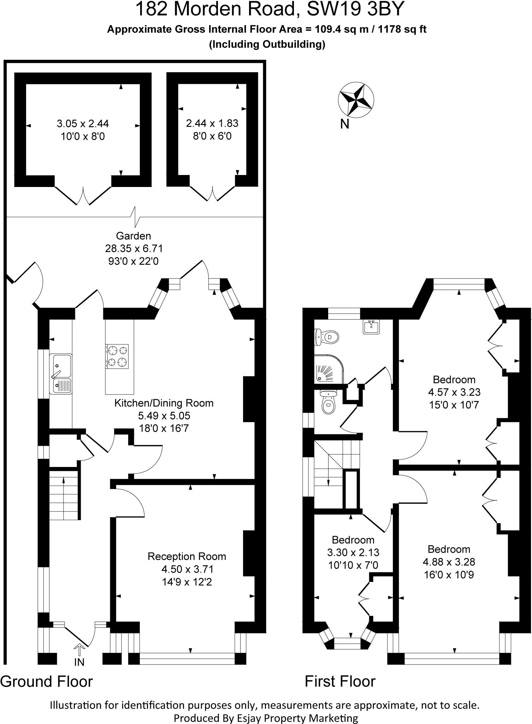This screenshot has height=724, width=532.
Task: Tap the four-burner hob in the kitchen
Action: click(x=117, y=356)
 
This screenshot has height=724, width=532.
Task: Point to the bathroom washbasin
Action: click(x=371, y=327)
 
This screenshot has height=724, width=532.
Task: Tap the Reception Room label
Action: click(x=187, y=556)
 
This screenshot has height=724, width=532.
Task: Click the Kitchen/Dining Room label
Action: click(x=164, y=403)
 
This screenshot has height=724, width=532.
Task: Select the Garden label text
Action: click(x=134, y=235)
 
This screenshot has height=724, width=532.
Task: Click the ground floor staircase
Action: click(x=63, y=495)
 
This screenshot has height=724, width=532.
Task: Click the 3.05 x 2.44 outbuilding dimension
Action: click(x=83, y=123)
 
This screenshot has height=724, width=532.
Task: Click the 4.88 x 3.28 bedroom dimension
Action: click(x=449, y=562)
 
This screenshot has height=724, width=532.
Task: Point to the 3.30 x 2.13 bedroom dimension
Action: click(x=353, y=552)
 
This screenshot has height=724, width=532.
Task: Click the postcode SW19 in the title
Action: click(x=328, y=9)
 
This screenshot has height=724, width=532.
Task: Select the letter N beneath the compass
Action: click(x=344, y=124)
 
